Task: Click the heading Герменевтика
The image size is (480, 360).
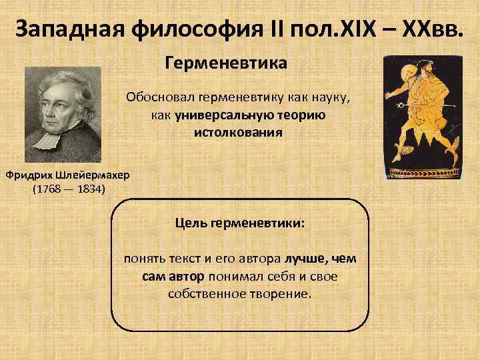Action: point(225,64)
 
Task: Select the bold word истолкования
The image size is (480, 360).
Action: point(238,132)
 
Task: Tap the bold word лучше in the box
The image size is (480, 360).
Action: point(305,258)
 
